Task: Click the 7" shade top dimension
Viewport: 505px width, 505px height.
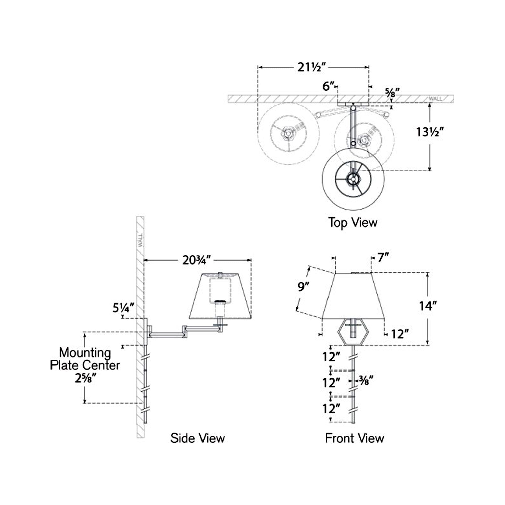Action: (384, 258)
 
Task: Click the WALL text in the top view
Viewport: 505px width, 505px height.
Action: (436, 99)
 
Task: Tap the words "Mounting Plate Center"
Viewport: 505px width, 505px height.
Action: (85, 359)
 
